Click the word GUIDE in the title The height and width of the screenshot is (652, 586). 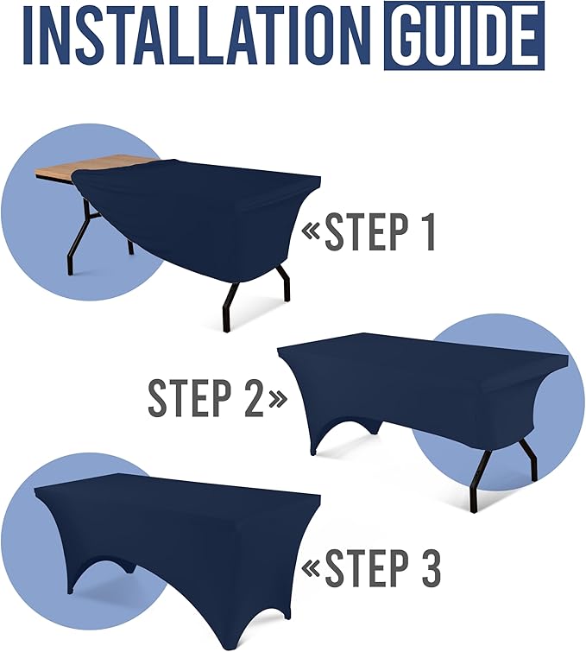point(463,36)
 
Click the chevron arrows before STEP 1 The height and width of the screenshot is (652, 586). point(312,231)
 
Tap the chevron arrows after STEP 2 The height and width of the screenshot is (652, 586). point(276,398)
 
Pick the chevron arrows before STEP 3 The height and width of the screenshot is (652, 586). point(312,568)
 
